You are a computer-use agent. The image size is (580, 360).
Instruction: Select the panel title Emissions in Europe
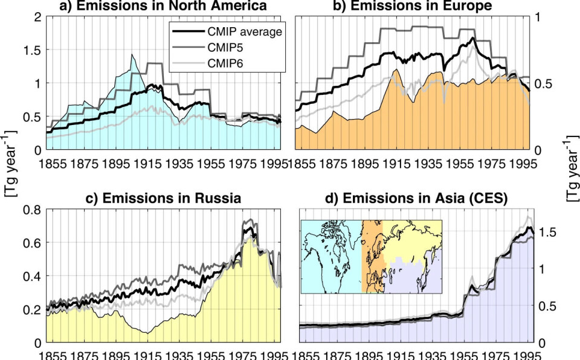414,7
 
